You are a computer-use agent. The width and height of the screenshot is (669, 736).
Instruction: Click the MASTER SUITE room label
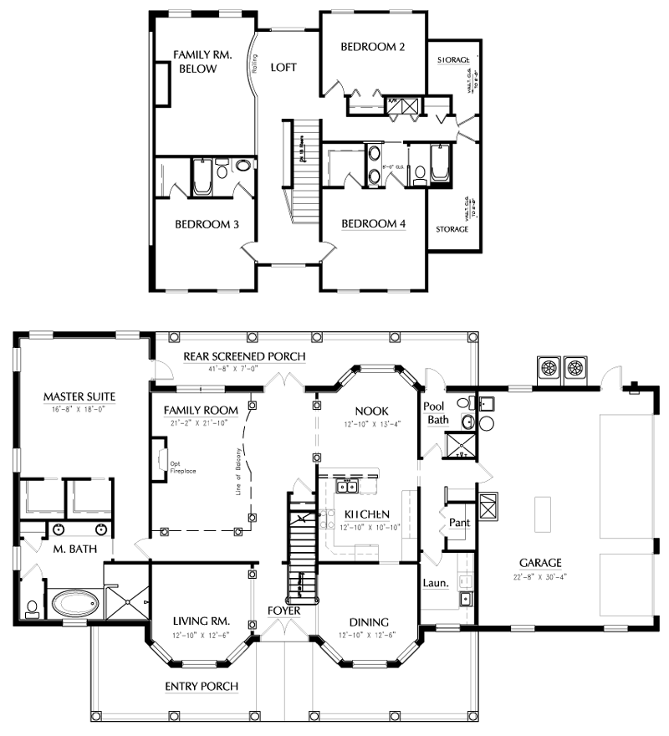(79, 396)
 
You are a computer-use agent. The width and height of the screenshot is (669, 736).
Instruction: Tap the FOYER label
(284, 611)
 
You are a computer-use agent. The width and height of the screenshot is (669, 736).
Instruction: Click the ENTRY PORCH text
(202, 687)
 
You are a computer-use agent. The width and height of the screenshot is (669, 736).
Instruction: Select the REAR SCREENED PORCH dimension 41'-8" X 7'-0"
(244, 368)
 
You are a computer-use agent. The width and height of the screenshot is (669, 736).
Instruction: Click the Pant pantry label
(458, 523)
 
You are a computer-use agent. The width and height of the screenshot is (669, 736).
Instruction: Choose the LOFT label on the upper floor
(283, 68)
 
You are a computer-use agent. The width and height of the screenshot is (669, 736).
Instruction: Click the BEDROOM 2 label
(372, 48)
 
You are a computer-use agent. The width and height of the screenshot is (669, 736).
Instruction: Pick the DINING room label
(369, 621)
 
